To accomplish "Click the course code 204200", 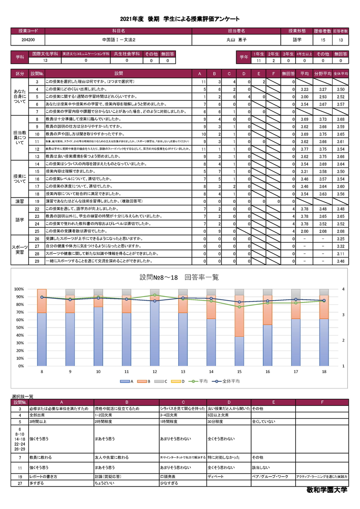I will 28,40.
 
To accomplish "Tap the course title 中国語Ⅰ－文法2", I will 119,40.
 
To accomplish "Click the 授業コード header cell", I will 28,31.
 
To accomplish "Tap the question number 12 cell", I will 37,149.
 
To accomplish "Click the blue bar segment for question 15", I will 239,351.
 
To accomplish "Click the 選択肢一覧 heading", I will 22,396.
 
